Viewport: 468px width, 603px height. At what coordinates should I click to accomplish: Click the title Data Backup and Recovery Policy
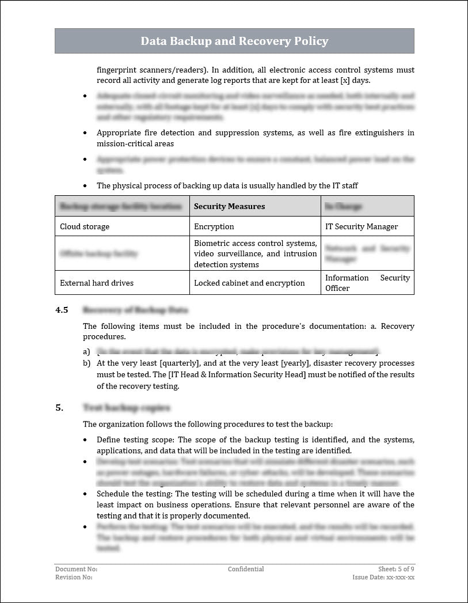point(234,41)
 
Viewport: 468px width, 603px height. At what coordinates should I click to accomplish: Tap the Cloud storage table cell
point(85,226)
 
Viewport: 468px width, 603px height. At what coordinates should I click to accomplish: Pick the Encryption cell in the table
point(214,226)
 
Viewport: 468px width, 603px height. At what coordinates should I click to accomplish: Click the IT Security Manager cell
point(362,226)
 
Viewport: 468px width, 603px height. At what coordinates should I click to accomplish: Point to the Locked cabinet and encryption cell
point(249,283)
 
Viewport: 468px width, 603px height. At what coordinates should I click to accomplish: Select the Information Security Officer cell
point(367,283)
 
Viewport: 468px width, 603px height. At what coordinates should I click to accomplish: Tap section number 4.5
point(62,310)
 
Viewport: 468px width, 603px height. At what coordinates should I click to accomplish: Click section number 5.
point(59,408)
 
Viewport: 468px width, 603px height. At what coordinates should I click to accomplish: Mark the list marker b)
point(87,363)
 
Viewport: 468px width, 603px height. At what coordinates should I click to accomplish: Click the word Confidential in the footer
point(246,569)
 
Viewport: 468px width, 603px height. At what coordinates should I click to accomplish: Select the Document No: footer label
point(77,569)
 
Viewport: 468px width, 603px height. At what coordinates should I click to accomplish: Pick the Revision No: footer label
point(74,577)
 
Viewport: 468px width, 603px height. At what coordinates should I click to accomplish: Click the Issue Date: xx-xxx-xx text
point(383,577)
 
